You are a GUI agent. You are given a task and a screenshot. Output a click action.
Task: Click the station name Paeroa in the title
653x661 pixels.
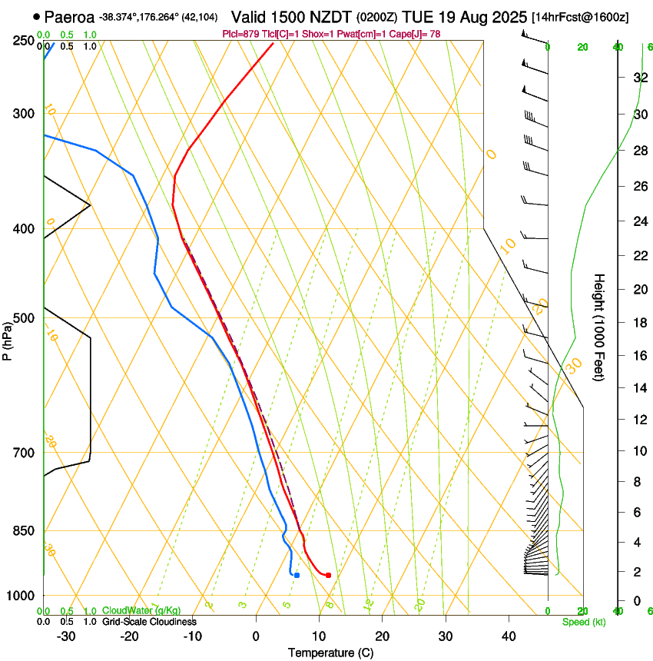coord(69,16)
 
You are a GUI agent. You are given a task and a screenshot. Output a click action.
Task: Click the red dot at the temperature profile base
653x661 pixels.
coord(328,575)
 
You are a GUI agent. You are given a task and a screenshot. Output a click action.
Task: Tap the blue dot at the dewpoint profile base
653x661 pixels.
coord(297,574)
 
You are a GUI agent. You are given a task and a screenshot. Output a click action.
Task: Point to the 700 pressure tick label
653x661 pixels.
coord(24,453)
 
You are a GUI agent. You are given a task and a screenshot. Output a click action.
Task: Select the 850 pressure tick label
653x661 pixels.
coord(24,531)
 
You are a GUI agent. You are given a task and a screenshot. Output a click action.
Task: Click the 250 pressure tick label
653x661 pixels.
coord(24,41)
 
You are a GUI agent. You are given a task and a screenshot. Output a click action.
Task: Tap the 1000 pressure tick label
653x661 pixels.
coord(22,596)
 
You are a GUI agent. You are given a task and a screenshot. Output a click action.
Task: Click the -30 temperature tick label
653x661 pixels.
coord(66,636)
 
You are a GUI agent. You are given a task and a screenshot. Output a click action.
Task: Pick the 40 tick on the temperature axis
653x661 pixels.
coord(508,636)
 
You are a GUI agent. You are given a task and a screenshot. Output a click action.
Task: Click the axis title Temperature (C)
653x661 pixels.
coord(330,653)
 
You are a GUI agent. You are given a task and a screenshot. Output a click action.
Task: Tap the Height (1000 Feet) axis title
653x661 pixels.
coord(599,327)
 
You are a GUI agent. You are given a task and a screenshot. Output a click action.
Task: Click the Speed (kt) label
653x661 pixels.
coord(583,622)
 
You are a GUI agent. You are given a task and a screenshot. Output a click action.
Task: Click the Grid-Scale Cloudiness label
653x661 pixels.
coord(149,622)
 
